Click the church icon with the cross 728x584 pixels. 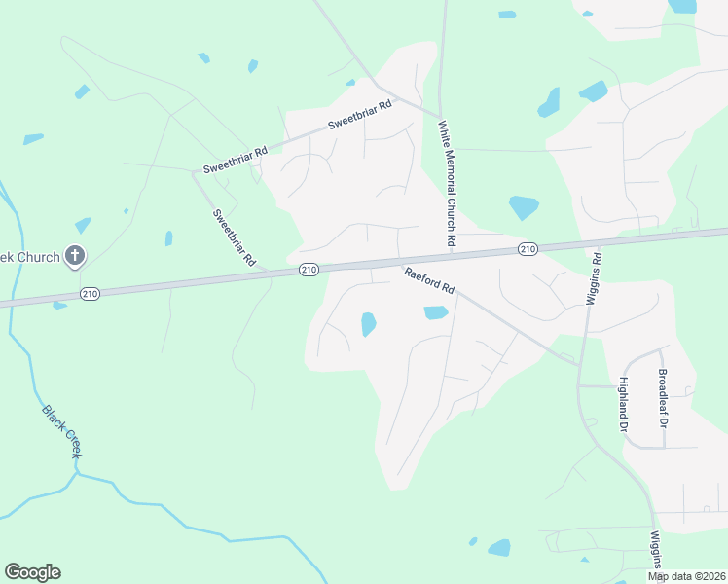[75, 257]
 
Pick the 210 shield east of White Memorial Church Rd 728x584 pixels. [528, 249]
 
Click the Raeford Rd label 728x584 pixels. [429, 281]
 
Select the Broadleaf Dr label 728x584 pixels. [663, 398]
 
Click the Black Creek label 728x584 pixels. [60, 432]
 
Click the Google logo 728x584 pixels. [32, 572]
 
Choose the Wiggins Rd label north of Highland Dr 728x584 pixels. [594, 280]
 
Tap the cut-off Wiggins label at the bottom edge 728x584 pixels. [657, 550]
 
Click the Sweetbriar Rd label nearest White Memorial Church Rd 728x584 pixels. [358, 117]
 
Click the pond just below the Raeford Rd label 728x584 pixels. [435, 312]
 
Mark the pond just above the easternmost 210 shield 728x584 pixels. [524, 207]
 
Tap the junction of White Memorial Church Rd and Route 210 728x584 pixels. [451, 256]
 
